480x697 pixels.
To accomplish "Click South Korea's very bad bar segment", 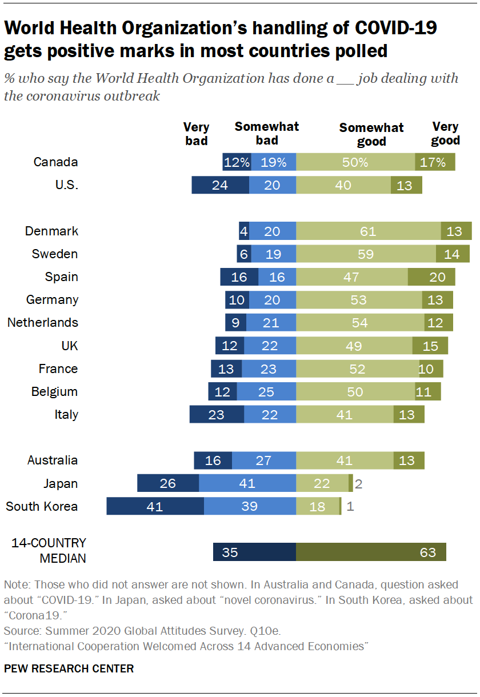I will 155,506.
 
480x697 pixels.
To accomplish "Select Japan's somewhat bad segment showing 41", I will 247,483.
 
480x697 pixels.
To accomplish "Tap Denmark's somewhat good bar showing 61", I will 368,231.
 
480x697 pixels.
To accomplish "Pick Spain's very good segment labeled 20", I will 431,277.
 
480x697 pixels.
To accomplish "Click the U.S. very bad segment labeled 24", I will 220,185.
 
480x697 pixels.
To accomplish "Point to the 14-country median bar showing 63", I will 371,552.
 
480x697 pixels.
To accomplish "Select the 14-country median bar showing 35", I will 254,552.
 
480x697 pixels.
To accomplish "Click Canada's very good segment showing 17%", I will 435,162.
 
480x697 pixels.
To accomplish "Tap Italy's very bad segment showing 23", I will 217,415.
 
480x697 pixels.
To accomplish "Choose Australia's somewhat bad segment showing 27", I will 264,460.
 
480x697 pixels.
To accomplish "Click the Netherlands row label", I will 43,323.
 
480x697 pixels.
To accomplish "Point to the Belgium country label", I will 55,392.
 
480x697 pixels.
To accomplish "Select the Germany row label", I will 53,300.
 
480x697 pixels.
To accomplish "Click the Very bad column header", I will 196,134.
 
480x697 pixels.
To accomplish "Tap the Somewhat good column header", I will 371,134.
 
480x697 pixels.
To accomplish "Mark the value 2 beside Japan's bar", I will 358,484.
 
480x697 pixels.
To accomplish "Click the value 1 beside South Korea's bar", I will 350,507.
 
